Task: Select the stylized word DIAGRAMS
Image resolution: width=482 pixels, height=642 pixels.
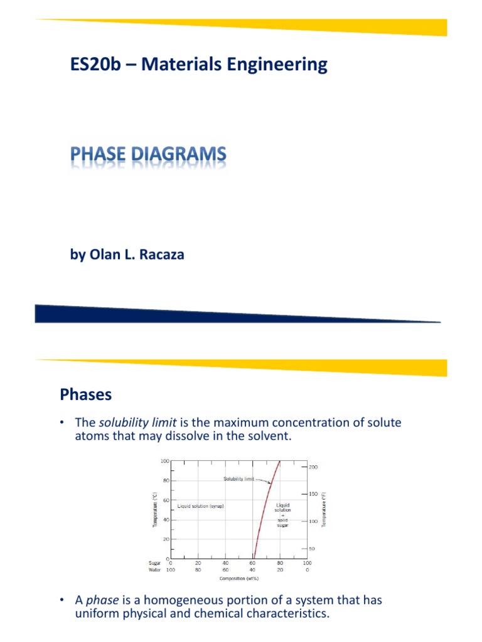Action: pos(176,154)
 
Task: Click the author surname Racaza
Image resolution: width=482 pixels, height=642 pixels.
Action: pos(159,255)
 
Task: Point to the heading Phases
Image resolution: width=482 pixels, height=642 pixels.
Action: pos(86,394)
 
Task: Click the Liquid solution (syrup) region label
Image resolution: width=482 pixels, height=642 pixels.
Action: pos(201,505)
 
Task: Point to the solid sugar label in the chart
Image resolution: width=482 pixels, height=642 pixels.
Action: pos(282,518)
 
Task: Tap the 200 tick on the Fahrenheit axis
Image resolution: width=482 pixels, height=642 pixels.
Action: pos(313,467)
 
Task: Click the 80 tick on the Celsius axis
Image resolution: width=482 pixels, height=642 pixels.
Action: pos(166,481)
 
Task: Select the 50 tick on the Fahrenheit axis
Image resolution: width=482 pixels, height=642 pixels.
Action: pos(312,549)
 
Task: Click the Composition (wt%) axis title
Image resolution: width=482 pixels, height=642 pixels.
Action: pos(233,578)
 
